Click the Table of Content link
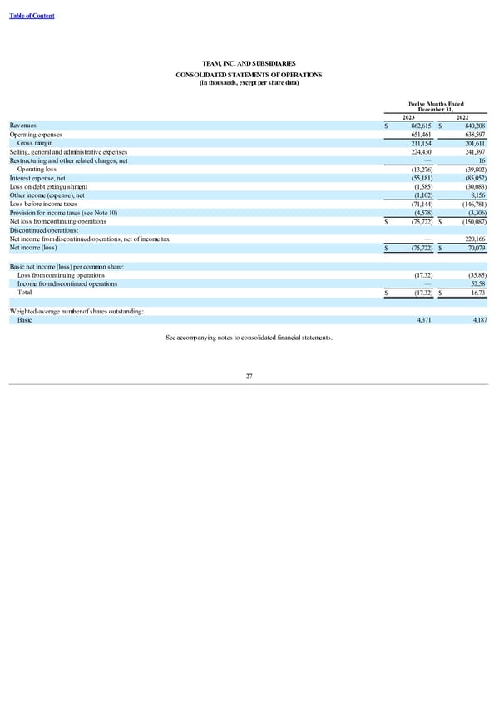click(32, 17)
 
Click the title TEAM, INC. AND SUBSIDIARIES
click(249, 63)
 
